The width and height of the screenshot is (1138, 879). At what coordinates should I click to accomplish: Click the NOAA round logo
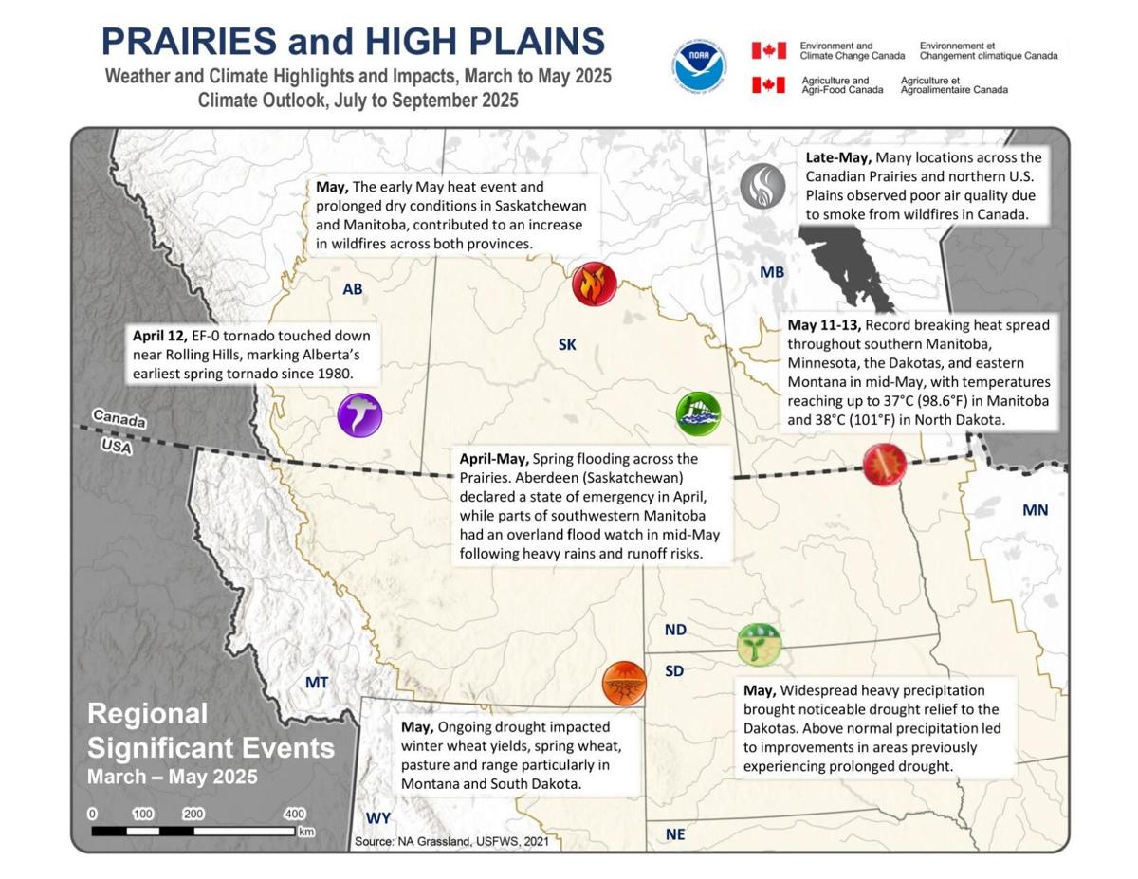pyautogui.click(x=700, y=64)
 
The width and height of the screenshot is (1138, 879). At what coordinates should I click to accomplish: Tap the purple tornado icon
pyautogui.click(x=359, y=414)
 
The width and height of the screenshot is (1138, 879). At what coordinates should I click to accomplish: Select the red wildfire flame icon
pyautogui.click(x=595, y=284)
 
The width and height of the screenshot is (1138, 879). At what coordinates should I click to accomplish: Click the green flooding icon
pyautogui.click(x=698, y=412)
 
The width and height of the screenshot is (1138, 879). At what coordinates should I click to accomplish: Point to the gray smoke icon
pyautogui.click(x=762, y=186)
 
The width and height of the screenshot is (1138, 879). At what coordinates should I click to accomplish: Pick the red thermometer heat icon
pyautogui.click(x=884, y=465)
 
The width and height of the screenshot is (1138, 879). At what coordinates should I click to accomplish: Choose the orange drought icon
pyautogui.click(x=624, y=684)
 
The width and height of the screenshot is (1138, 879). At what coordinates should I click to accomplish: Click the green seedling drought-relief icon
pyautogui.click(x=759, y=645)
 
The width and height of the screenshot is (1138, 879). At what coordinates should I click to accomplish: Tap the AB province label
pyautogui.click(x=353, y=289)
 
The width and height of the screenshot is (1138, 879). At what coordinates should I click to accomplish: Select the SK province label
pyautogui.click(x=567, y=345)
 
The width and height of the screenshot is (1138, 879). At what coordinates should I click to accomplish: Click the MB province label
pyautogui.click(x=772, y=273)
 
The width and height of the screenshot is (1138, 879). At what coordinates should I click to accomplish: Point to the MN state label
pyautogui.click(x=1035, y=510)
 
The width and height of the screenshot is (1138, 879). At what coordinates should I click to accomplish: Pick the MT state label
pyautogui.click(x=316, y=682)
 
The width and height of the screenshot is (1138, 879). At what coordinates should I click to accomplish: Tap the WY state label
pyautogui.click(x=378, y=818)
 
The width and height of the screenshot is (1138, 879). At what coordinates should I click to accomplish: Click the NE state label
pyautogui.click(x=675, y=834)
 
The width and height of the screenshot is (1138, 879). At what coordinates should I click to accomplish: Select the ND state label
pyautogui.click(x=675, y=630)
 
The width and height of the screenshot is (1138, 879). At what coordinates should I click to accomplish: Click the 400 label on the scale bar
pyautogui.click(x=295, y=814)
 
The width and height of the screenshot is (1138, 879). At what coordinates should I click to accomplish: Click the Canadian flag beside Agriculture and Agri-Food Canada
pyautogui.click(x=768, y=84)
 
